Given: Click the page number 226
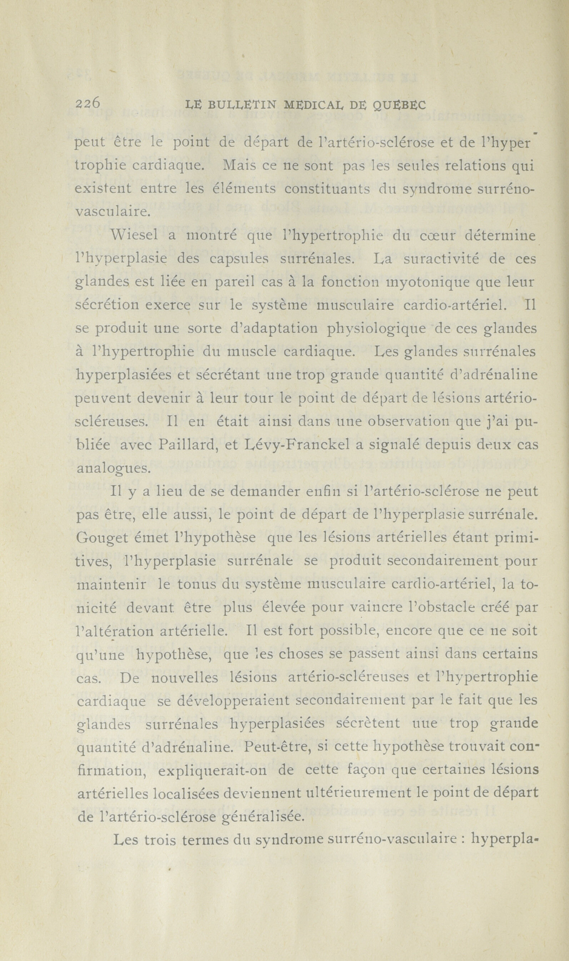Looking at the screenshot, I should point(88,104).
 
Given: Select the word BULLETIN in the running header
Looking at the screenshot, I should point(241,105).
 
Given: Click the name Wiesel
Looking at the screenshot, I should point(134,236).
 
